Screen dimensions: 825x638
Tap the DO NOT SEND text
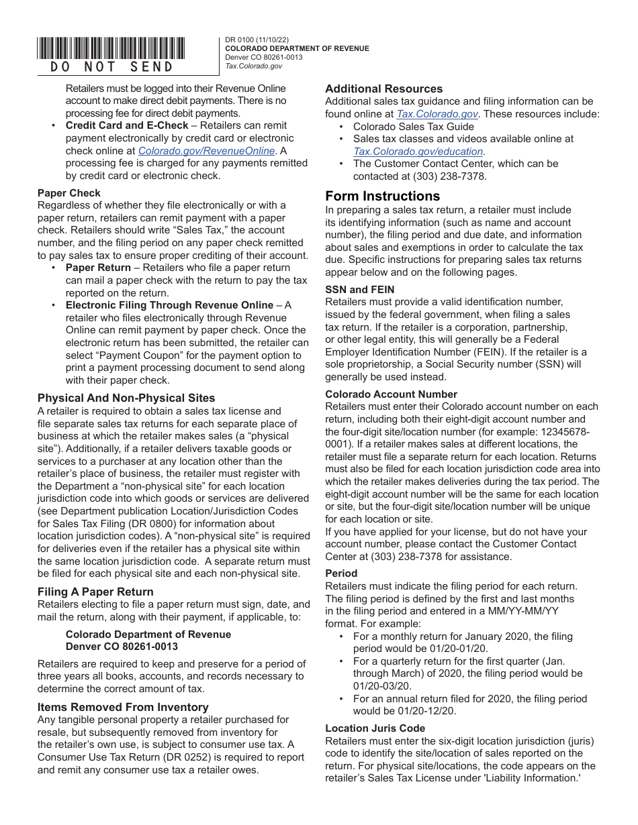click(x=111, y=66)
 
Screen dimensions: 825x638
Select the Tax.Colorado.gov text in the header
click(x=253, y=66)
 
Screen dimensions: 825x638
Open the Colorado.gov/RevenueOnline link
click(x=206, y=151)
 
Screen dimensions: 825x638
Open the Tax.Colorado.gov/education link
click(x=418, y=152)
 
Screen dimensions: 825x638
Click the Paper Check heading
click(x=69, y=193)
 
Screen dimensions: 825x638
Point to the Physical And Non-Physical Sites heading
click(x=126, y=398)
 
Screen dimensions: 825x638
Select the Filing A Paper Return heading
click(x=95, y=592)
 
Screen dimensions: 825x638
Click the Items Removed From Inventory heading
click(x=123, y=707)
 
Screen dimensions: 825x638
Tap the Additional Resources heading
click(x=384, y=89)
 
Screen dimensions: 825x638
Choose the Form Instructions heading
click(x=383, y=196)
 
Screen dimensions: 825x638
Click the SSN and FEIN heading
click(x=360, y=290)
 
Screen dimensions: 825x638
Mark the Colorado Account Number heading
click(x=392, y=394)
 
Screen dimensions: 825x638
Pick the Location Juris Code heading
click(x=375, y=728)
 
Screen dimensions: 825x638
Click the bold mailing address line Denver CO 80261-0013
click(x=122, y=647)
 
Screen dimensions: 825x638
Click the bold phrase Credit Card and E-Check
click(x=127, y=125)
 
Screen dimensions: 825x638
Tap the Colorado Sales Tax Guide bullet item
click(x=414, y=126)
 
